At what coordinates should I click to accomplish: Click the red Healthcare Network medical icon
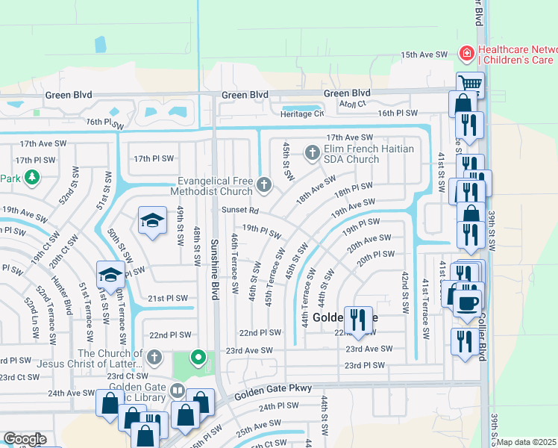(x=466, y=53)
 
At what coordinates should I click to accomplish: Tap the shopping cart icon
(x=471, y=83)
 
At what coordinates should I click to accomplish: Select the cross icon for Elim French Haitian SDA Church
(x=313, y=153)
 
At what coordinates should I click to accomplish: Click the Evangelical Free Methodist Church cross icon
(x=263, y=184)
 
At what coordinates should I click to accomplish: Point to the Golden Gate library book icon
(x=178, y=390)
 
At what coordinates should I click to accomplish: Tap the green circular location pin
(x=198, y=358)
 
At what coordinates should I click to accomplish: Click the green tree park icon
(x=31, y=177)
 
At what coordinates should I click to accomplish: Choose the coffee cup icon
(x=468, y=303)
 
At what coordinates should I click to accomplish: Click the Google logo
(x=24, y=439)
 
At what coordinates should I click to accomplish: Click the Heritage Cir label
(x=302, y=113)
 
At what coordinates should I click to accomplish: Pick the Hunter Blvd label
(x=69, y=298)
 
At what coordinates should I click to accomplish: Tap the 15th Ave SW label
(x=424, y=55)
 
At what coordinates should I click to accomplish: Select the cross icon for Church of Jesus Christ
(x=154, y=357)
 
